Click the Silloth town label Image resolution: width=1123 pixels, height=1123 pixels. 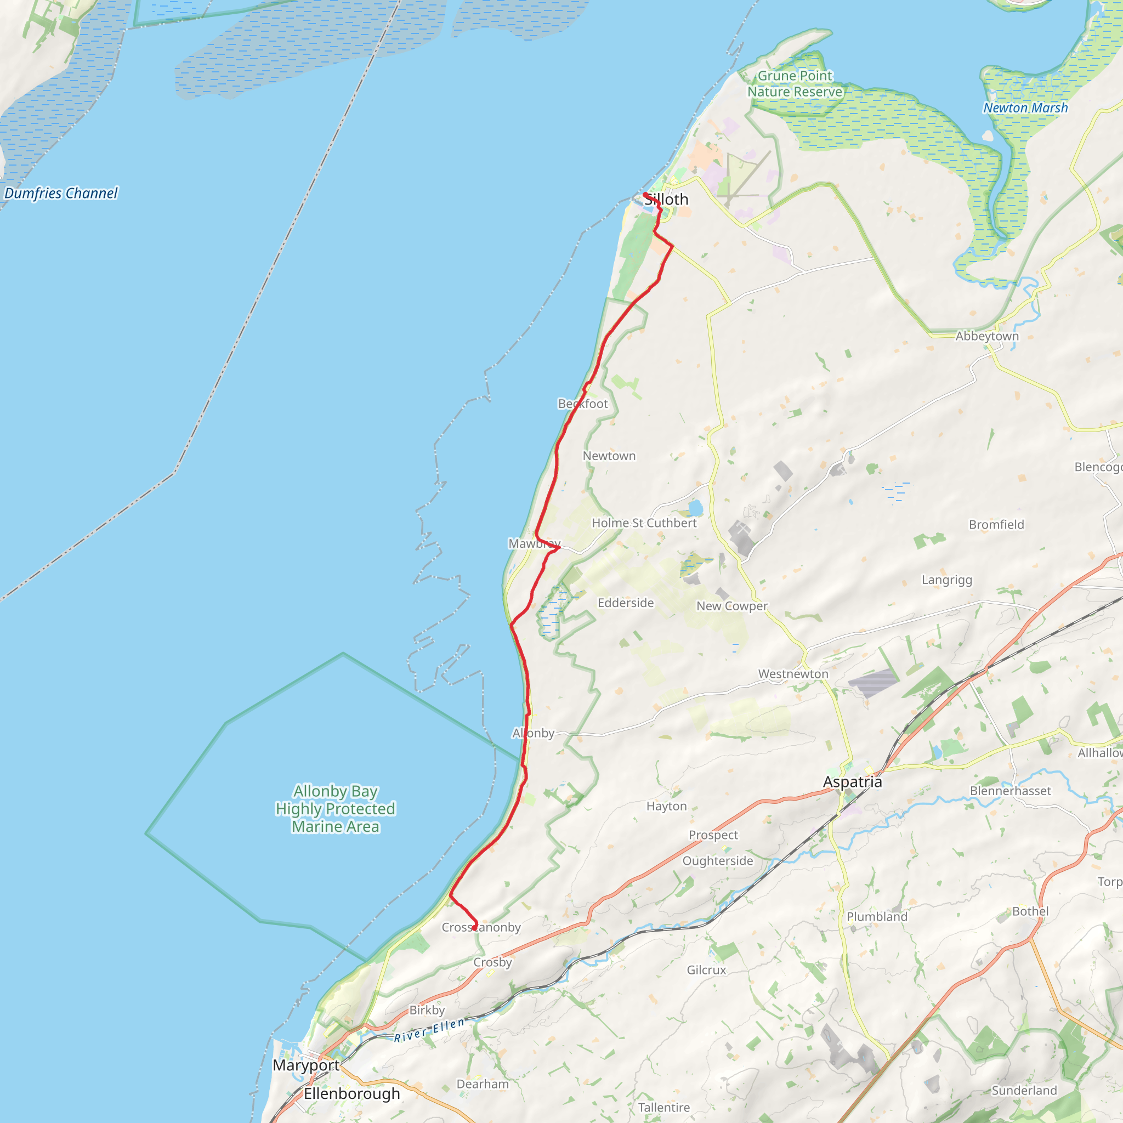click(666, 200)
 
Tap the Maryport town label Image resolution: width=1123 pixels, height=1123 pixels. click(306, 1065)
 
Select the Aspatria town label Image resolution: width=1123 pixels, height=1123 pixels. click(852, 782)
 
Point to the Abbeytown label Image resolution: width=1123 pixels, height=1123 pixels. click(987, 336)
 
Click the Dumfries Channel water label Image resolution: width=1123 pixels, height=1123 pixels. click(61, 193)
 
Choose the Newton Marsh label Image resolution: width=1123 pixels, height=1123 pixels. click(1025, 108)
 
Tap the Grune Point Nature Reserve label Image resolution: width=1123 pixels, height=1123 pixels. click(795, 84)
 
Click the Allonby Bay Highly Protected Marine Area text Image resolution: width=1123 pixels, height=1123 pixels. click(336, 809)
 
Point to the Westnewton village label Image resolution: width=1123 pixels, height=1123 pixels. click(793, 674)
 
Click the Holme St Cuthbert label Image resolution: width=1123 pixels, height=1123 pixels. click(644, 523)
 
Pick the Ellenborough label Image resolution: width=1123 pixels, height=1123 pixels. click(351, 1093)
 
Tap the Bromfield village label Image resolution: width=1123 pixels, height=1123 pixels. click(996, 524)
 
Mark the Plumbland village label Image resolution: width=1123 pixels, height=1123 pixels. click(877, 917)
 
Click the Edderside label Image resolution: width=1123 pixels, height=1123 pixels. click(626, 603)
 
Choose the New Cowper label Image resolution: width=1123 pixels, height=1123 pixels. click(732, 606)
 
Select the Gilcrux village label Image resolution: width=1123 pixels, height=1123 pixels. click(706, 969)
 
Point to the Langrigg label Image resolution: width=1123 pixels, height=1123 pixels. click(947, 580)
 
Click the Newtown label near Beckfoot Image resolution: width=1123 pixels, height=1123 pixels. click(609, 456)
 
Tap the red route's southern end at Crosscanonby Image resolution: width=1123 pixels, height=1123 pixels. click(475, 928)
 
